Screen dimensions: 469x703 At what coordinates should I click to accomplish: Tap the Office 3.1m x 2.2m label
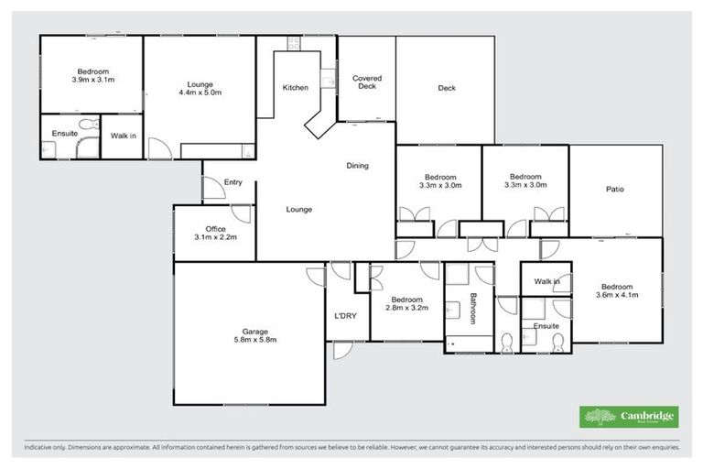[x=215, y=233]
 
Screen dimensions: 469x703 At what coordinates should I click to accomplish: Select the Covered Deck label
[x=366, y=82]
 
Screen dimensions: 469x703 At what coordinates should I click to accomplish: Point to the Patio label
[x=615, y=190]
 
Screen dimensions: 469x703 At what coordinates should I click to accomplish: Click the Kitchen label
[x=295, y=88]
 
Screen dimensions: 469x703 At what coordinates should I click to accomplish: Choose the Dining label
[x=357, y=166]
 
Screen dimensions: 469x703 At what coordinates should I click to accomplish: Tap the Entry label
[x=233, y=182]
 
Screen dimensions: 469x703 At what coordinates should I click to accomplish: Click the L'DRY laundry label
[x=345, y=316]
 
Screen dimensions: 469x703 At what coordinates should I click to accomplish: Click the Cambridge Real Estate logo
[x=629, y=417]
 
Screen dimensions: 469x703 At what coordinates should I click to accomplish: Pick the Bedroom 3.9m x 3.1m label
[x=93, y=76]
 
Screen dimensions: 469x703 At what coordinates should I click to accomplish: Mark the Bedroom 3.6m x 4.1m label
[x=616, y=289]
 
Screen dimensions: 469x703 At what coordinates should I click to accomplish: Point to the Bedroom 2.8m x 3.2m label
[x=406, y=304]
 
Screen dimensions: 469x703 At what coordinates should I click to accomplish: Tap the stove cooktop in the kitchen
[x=295, y=42]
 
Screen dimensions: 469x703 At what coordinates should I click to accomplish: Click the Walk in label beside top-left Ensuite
[x=123, y=136]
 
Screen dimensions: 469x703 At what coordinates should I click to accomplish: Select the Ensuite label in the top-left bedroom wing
[x=64, y=134]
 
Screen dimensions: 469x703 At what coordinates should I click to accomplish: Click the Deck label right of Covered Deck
[x=446, y=89]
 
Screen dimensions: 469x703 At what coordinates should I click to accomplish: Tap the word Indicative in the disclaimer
[x=40, y=448]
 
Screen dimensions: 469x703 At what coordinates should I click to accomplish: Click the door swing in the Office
[x=241, y=213]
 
